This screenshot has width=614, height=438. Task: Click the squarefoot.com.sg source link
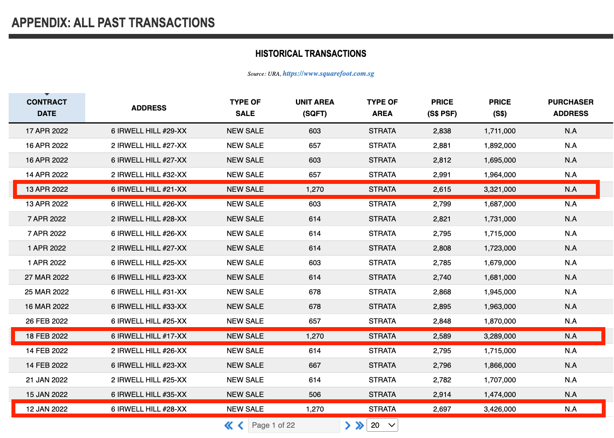coord(328,73)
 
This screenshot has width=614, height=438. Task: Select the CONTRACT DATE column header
coord(47,108)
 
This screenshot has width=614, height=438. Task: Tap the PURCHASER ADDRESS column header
coord(571,108)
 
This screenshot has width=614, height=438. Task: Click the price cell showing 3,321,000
coord(500,189)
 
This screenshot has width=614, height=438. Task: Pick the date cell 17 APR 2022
coord(47,131)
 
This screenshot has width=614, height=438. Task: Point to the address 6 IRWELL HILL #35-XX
coord(149,395)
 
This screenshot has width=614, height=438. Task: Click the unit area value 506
coord(314,395)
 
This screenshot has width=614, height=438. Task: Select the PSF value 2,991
coord(442,175)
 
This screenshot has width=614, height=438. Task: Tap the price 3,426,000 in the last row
coord(500,409)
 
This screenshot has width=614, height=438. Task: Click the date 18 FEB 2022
coord(47,336)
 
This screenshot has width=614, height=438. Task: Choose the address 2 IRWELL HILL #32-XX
coord(149,175)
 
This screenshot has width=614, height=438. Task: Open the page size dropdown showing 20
coord(382,425)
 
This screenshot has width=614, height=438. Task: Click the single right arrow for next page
coord(348,425)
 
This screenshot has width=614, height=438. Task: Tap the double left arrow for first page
coord(228,425)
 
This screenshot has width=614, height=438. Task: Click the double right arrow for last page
coord(359,425)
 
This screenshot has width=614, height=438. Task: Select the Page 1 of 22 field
coord(294,425)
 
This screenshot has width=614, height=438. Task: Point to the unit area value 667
coord(314,365)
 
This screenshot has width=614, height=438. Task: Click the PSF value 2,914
coord(442,395)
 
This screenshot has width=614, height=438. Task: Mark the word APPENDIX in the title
coord(41,23)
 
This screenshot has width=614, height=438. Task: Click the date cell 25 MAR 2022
coord(47,292)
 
